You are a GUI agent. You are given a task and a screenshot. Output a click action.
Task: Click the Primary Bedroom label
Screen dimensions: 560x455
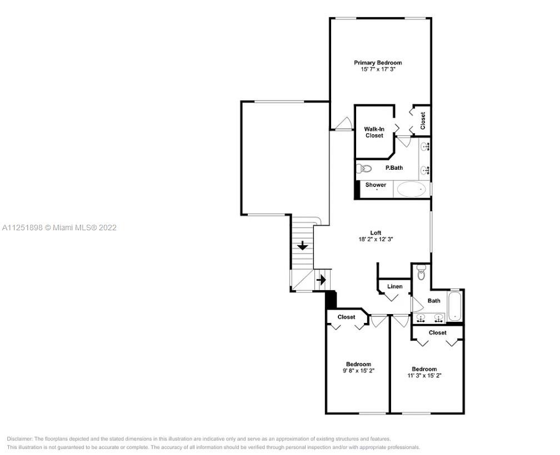[378, 63]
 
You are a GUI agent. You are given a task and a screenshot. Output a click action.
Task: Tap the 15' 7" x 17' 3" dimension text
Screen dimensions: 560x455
[378, 69]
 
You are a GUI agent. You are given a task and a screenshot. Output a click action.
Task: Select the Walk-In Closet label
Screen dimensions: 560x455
[374, 132]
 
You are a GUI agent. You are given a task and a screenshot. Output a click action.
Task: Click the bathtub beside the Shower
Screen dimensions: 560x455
[412, 189]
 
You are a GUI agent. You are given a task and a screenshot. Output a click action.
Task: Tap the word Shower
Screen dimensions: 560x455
[376, 185]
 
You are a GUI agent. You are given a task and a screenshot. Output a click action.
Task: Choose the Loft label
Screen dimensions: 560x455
[376, 233]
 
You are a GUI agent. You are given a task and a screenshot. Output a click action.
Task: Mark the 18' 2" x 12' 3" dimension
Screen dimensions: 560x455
[376, 239]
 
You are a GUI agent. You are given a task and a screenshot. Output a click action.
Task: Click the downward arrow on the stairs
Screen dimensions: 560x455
[303, 245]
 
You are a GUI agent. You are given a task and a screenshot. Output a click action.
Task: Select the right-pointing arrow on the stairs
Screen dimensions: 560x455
[322, 280]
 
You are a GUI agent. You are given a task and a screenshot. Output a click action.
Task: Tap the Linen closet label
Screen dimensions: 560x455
[395, 286]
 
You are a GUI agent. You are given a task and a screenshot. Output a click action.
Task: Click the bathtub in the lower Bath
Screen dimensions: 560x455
[454, 306]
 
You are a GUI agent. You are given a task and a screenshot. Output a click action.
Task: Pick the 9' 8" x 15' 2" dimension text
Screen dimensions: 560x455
[358, 371]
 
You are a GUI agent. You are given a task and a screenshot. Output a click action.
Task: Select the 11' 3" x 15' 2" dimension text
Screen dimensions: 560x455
[424, 376]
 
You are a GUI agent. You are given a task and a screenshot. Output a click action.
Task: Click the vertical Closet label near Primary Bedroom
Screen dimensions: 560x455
[423, 121]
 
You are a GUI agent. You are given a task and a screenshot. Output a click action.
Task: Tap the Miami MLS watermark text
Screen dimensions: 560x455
[59, 228]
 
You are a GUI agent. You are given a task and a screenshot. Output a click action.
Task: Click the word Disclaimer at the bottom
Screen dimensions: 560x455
[19, 439]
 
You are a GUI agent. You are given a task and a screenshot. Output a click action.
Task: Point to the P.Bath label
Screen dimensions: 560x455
[394, 168]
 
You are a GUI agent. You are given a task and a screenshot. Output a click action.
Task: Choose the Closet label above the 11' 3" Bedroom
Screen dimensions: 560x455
[438, 333]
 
